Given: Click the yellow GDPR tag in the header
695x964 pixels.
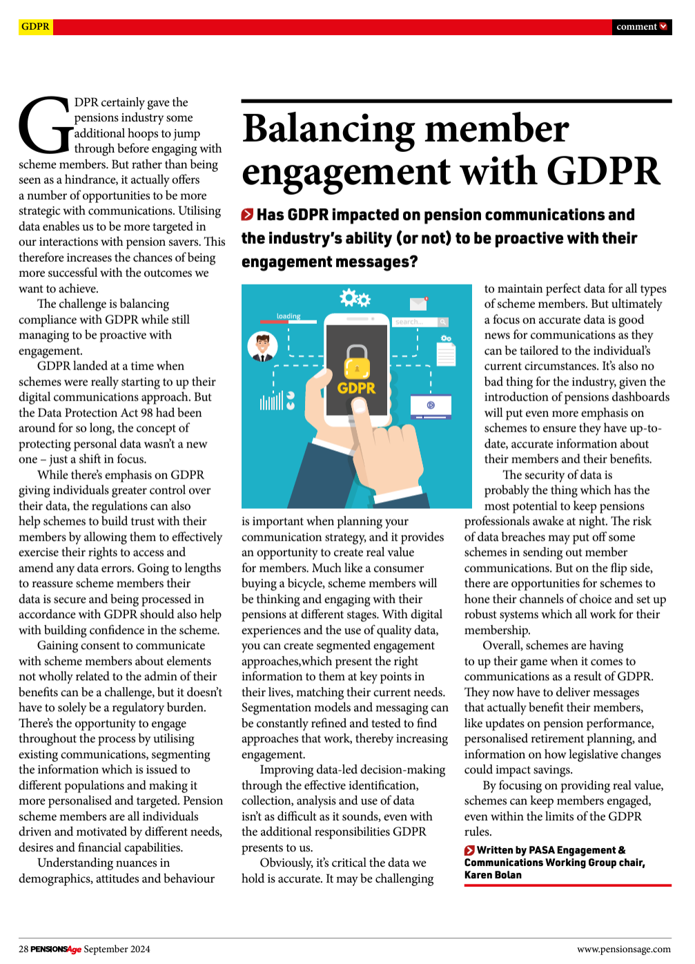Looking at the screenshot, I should [35, 26].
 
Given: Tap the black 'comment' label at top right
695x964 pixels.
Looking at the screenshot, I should [641, 26].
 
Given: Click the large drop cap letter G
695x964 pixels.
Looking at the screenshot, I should [46, 125].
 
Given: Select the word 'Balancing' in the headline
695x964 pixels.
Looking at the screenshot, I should [329, 129].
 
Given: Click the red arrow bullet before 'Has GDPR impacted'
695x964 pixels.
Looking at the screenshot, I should [247, 215].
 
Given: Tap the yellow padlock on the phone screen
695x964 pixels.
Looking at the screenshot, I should [357, 362].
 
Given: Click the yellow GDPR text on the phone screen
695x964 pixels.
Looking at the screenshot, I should [356, 388].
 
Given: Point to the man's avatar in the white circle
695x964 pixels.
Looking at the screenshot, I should [262, 346].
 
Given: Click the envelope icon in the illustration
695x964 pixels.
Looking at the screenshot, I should [418, 303].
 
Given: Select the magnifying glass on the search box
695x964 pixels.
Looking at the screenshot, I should [442, 322].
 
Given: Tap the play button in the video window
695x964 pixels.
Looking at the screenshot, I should [431, 405].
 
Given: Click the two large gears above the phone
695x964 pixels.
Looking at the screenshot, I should [355, 298].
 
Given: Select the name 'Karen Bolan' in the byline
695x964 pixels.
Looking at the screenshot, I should [493, 875].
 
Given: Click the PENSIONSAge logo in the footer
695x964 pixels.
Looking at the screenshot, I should [56, 949].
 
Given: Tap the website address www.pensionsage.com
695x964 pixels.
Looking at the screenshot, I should [623, 949].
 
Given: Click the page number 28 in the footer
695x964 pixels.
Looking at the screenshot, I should [23, 949].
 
